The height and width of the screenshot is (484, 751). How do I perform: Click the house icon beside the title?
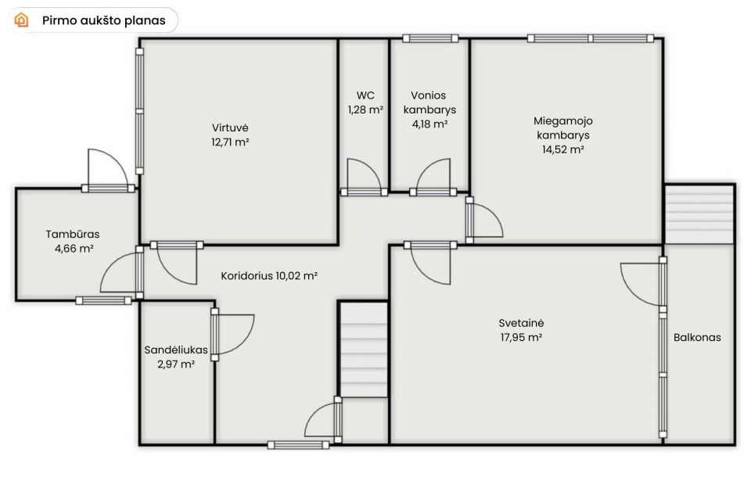click(22, 20)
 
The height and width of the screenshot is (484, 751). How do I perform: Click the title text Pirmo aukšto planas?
click(104, 20)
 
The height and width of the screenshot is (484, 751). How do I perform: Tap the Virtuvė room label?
click(230, 127)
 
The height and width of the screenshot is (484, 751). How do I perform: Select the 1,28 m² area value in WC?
click(365, 109)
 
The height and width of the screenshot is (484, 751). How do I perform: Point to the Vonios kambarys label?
click(429, 102)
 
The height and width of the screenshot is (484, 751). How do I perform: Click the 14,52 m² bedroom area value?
click(562, 149)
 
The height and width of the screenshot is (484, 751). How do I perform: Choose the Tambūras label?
click(73, 234)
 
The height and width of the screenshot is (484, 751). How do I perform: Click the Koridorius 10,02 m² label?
click(269, 276)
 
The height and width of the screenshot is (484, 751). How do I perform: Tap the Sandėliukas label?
click(176, 350)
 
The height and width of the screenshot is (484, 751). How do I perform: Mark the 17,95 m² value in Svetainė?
click(521, 338)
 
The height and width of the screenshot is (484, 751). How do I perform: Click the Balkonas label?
click(697, 338)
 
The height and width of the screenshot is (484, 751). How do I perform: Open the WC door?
click(364, 177)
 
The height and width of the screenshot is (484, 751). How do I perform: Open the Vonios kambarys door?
click(433, 177)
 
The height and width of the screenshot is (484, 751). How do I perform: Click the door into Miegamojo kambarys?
click(484, 220)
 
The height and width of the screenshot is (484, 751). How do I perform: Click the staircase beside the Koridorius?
click(364, 350)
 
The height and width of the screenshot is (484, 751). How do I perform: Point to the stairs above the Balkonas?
click(699, 214)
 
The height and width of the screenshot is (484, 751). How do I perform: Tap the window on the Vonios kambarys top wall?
click(430, 38)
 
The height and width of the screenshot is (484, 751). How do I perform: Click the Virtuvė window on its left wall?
click(139, 111)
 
